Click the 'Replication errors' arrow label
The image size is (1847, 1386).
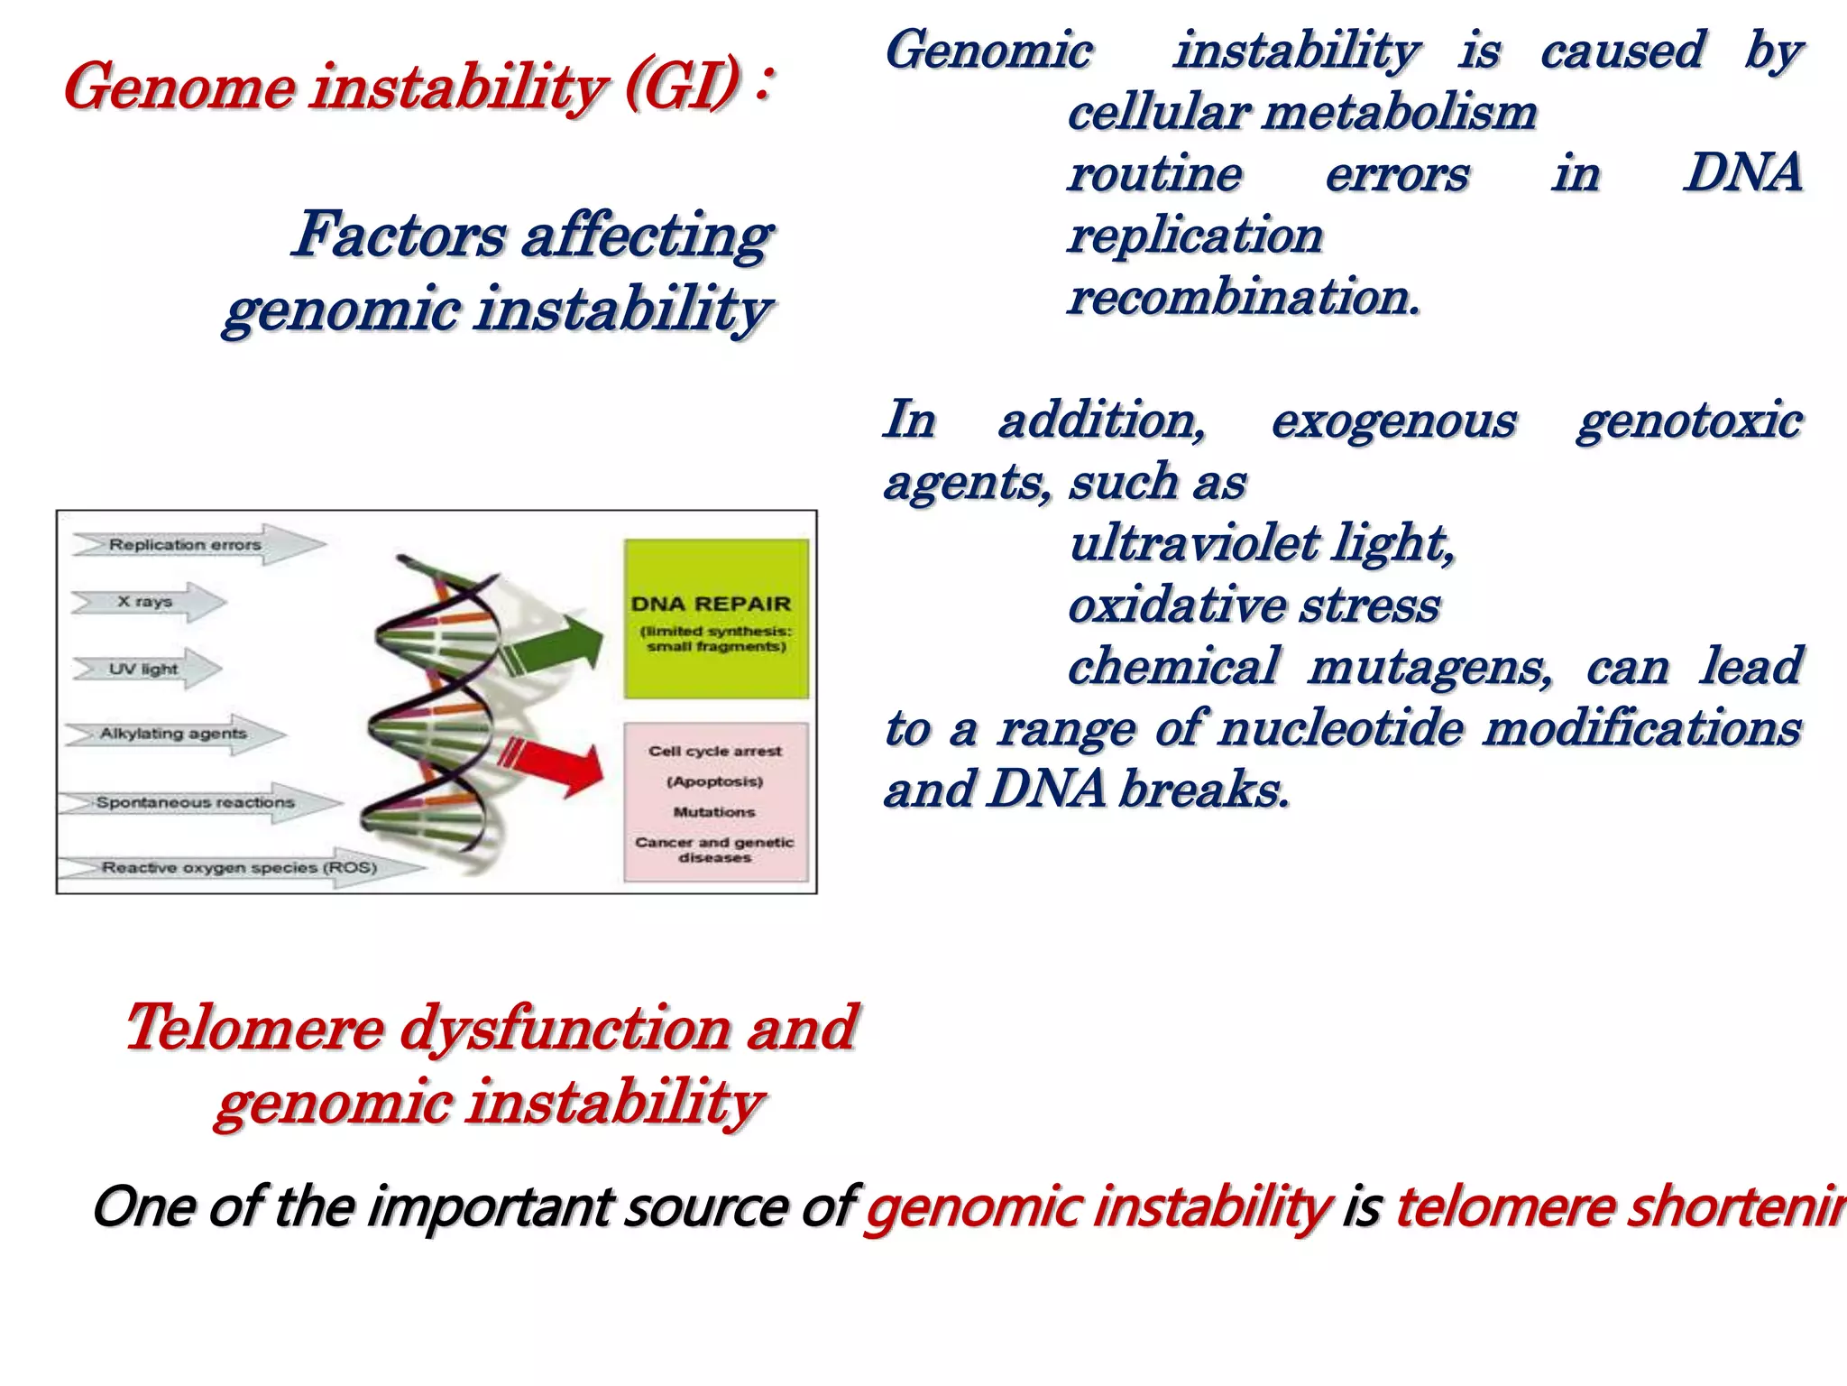[186, 544]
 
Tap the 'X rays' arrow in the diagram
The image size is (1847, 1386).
[145, 601]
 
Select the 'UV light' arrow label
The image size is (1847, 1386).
[144, 669]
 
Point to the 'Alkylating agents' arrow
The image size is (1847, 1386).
[173, 734]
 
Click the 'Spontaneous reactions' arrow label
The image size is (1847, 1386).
[196, 802]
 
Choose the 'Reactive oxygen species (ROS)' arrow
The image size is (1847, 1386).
[239, 867]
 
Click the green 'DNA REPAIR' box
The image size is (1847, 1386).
[716, 619]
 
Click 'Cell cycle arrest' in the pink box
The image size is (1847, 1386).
[715, 751]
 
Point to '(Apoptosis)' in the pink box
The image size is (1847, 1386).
[715, 781]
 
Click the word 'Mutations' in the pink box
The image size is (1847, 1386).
[714, 812]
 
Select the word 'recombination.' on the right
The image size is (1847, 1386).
[1243, 298]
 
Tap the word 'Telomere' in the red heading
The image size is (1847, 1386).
[253, 1028]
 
